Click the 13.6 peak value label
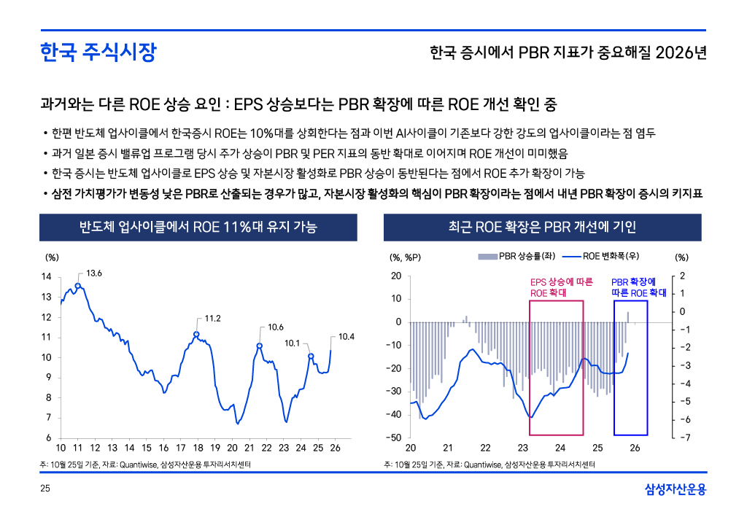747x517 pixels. pos(94,273)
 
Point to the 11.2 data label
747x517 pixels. pos(213,318)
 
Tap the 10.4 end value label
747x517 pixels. pos(347,337)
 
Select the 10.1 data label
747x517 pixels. pos(293,342)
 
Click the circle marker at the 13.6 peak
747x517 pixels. pos(78,286)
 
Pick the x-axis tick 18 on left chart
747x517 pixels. pos(198,448)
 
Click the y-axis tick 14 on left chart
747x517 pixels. pos(46,277)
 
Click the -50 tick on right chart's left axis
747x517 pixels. pos(395,438)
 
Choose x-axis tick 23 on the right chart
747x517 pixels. pos(523,448)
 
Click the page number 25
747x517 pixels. pos(44,489)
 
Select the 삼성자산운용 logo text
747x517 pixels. pos(676,489)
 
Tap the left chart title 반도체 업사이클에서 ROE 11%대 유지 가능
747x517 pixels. pos(198,227)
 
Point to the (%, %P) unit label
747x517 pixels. pos(406,257)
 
